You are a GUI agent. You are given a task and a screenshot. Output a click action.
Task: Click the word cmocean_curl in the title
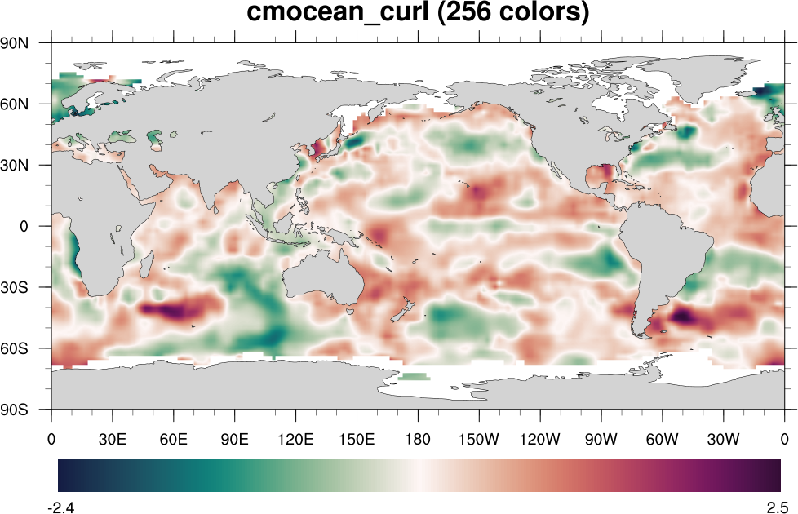(x=336, y=14)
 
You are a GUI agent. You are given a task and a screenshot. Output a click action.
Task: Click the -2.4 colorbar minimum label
(x=61, y=507)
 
